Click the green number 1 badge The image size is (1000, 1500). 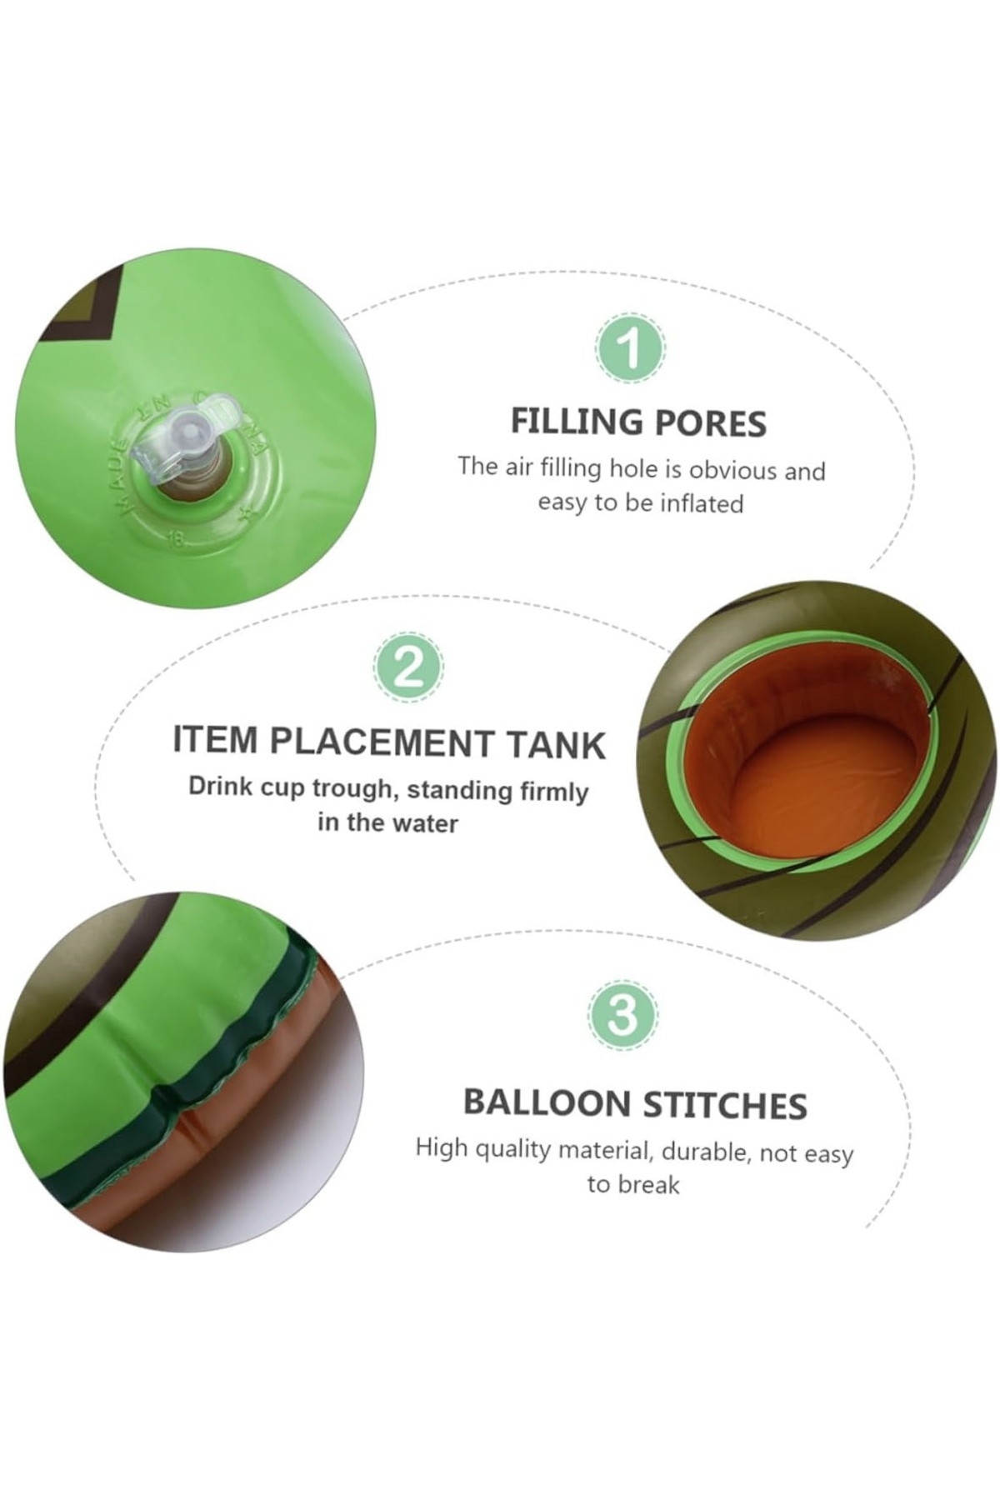pyautogui.click(x=631, y=348)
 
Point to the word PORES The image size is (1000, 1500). pyautogui.click(x=710, y=424)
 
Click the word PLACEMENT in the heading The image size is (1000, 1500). pyautogui.click(x=382, y=742)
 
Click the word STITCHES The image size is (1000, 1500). pyautogui.click(x=724, y=1105)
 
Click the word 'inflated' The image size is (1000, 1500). pyautogui.click(x=702, y=503)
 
